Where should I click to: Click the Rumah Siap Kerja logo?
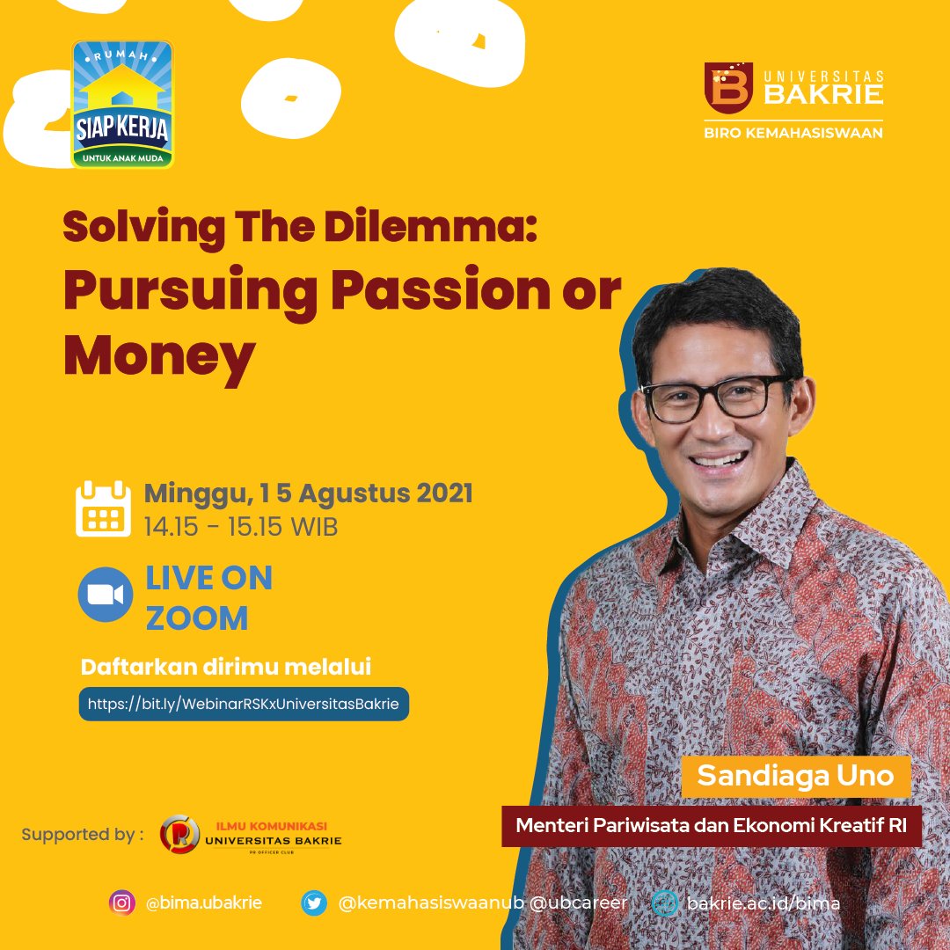point(122,104)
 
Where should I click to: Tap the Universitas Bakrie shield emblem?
point(728,88)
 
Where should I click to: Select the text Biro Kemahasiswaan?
point(793,134)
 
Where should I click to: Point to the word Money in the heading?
point(159,356)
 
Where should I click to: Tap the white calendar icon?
point(103,508)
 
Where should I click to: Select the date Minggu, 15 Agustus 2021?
point(309,493)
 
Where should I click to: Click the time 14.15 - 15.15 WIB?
point(241,527)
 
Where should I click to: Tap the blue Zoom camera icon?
point(105,596)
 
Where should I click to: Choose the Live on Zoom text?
point(208,598)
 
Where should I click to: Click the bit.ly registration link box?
point(244,705)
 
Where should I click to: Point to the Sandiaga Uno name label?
point(795,776)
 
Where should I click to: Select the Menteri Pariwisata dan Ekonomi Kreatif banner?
point(711,827)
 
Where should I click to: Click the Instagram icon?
point(122,903)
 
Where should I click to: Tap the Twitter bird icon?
point(313,903)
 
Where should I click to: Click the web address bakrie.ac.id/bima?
point(763,903)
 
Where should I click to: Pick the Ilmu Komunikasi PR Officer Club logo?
point(251,834)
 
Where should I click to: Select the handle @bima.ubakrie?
point(203,903)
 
